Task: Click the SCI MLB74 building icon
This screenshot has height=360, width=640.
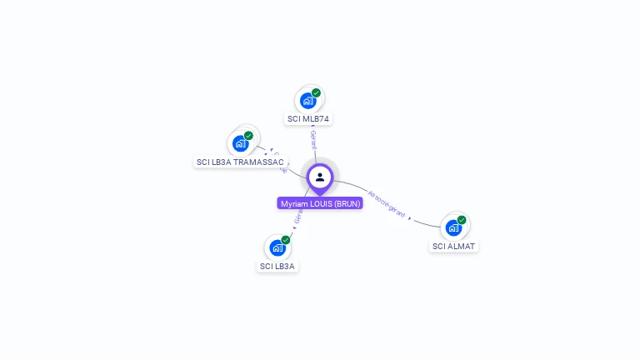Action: pyautogui.click(x=307, y=101)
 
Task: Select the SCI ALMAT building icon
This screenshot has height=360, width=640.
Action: pyautogui.click(x=452, y=227)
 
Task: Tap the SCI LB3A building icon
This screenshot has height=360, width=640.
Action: pyautogui.click(x=277, y=247)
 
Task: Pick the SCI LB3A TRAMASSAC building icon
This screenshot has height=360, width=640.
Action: pyautogui.click(x=240, y=142)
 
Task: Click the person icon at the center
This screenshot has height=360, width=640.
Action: pyautogui.click(x=320, y=177)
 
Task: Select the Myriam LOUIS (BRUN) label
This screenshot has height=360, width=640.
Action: pyautogui.click(x=320, y=203)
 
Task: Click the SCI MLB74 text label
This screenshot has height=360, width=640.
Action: pyautogui.click(x=308, y=119)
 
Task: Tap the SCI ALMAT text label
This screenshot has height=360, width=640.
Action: pyautogui.click(x=454, y=247)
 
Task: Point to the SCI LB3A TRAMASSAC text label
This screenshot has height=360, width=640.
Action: pyautogui.click(x=240, y=162)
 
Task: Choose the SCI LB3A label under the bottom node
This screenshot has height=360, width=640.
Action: pyautogui.click(x=277, y=267)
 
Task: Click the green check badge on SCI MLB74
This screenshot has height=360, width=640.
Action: pyautogui.click(x=317, y=92)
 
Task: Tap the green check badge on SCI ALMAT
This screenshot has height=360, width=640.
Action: pyautogui.click(x=462, y=220)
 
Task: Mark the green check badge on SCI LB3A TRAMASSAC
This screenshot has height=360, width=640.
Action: pyautogui.click(x=248, y=135)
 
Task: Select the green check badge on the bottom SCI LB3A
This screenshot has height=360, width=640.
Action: pyautogui.click(x=286, y=240)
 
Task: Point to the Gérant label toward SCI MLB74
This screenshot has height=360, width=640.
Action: pyautogui.click(x=313, y=139)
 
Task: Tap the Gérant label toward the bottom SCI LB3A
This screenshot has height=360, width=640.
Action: pyautogui.click(x=297, y=215)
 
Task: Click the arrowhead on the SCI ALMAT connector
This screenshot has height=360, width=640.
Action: pyautogui.click(x=410, y=218)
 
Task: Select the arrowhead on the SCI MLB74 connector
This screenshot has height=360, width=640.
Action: pyautogui.click(x=312, y=126)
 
